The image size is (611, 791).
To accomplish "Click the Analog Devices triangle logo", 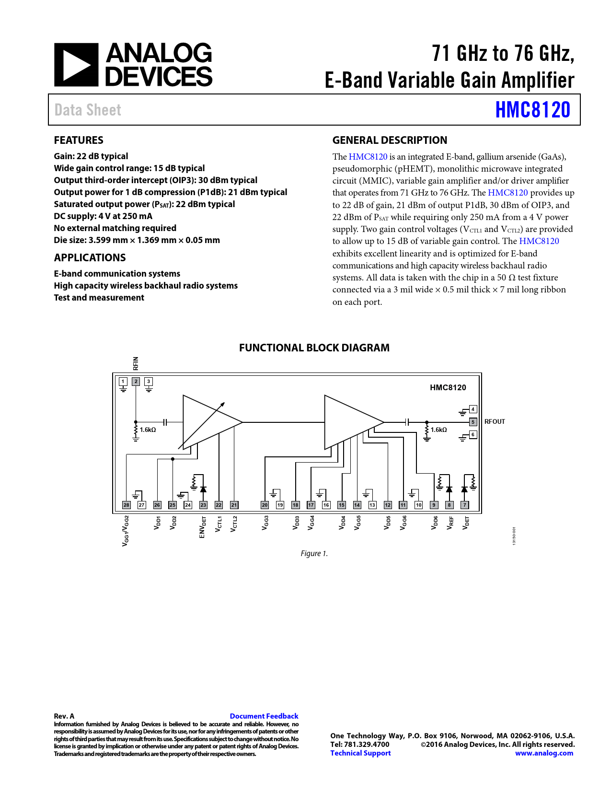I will (76, 65).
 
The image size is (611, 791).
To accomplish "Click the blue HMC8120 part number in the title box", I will (532, 110).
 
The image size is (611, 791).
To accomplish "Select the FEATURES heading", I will (79, 140).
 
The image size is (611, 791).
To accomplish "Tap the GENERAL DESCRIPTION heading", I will (390, 140).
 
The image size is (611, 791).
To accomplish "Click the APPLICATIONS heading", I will (90, 257).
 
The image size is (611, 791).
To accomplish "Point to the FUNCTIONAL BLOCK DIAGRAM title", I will (314, 348).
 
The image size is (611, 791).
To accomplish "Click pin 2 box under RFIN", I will (136, 382).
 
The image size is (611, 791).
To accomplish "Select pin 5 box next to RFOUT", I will (473, 422).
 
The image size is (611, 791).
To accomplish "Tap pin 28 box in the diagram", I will (127, 505).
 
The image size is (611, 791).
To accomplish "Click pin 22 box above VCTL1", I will (219, 505).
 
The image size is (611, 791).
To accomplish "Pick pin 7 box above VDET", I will (464, 505).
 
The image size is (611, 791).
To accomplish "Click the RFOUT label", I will (495, 422).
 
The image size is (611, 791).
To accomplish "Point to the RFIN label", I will (136, 363).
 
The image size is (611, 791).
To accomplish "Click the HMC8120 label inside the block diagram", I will (448, 387).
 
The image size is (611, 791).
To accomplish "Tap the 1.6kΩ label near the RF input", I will (148, 430).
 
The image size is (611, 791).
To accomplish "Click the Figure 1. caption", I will (314, 553).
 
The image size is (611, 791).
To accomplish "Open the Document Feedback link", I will (264, 716).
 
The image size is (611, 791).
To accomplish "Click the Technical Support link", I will (360, 753).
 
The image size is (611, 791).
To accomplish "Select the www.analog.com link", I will (544, 753).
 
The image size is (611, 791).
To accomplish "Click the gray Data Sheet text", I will (88, 110).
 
